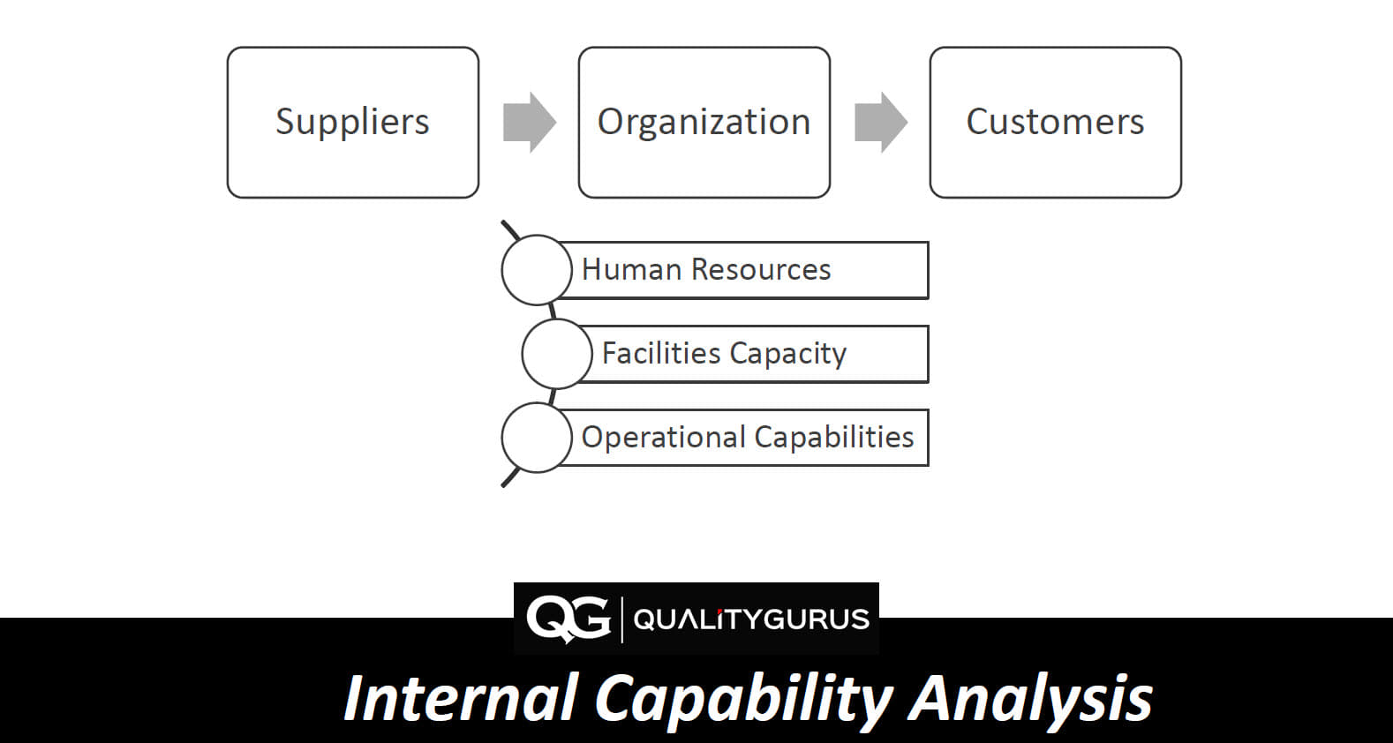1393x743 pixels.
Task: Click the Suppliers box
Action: (x=352, y=123)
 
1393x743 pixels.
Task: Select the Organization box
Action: (x=704, y=123)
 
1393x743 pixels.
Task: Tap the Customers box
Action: (x=1055, y=123)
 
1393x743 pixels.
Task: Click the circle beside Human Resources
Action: (x=537, y=270)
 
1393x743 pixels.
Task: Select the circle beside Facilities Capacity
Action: (x=557, y=354)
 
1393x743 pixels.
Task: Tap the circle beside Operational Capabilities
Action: (x=537, y=438)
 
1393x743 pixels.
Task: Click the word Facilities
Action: (x=661, y=353)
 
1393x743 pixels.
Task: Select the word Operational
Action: (x=663, y=438)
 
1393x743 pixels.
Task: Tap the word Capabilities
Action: (x=834, y=438)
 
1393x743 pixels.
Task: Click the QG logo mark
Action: (x=568, y=619)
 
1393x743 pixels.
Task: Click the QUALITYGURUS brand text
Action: (x=751, y=619)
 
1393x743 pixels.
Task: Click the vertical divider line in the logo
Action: (x=622, y=619)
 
